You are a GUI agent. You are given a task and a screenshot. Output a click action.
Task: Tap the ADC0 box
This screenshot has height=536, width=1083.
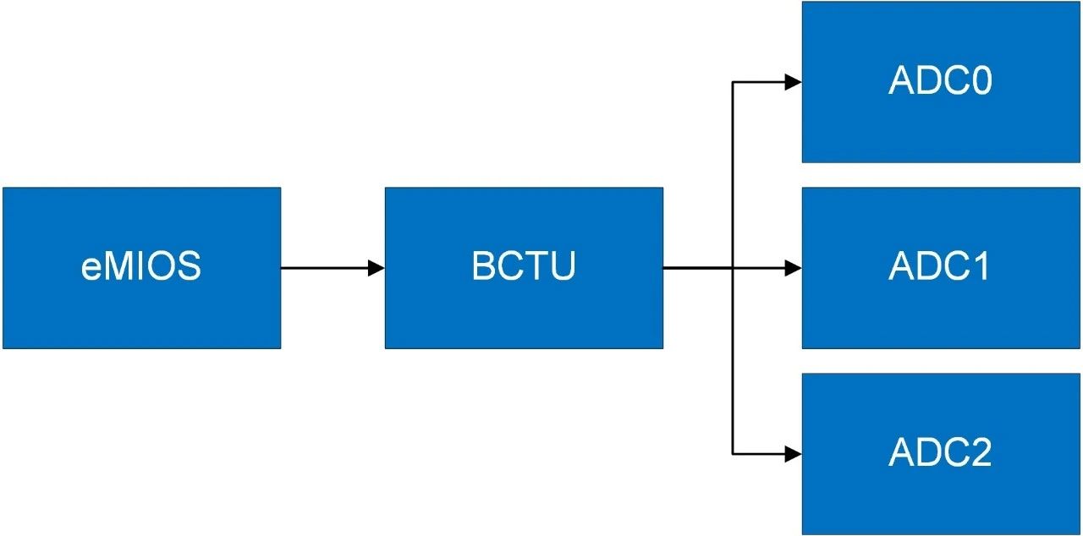pos(940,127)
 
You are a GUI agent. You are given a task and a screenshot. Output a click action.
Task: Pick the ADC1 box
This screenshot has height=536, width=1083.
pos(940,313)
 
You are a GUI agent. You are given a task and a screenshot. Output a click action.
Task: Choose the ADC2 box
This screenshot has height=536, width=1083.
pos(940,499)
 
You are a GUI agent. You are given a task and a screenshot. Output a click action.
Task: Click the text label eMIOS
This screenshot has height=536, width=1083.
pos(141,267)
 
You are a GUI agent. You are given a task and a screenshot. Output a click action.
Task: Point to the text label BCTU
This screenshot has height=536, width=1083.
pos(524,267)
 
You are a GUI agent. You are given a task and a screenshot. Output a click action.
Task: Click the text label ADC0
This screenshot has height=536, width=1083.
pos(940,81)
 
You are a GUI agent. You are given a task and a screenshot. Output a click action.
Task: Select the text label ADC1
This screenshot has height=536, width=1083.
pos(940,267)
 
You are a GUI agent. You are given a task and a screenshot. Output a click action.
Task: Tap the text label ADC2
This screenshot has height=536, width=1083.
pos(940,454)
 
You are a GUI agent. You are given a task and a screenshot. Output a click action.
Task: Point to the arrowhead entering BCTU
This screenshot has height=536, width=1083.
pos(377,268)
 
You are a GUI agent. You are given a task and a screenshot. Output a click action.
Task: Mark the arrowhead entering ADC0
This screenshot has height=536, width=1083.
pos(793,82)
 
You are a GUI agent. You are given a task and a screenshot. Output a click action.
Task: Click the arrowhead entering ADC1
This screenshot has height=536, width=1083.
pos(793,268)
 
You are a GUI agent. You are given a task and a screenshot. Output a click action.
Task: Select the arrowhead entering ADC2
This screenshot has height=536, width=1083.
pos(793,454)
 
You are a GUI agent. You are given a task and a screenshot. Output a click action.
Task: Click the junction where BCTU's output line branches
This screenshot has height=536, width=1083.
pos(733,268)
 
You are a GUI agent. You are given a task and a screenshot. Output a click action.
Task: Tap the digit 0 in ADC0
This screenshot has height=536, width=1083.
pos(981,81)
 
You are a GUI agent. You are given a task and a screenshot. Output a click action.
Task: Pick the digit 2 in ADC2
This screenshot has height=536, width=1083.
pos(981,454)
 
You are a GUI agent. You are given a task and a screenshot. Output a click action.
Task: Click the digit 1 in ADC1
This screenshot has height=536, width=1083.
pos(981,267)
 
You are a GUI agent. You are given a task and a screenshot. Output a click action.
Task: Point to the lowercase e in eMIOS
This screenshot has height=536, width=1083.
pos(91,270)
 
